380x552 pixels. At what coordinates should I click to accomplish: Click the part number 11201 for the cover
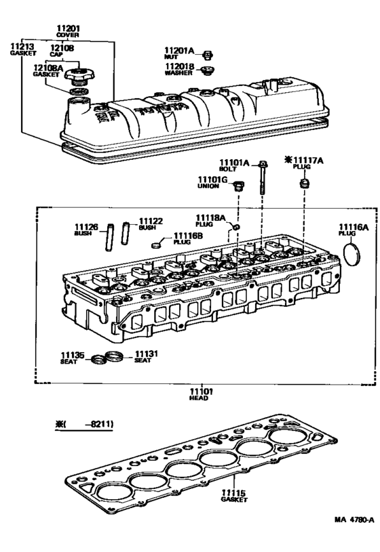coord(68,28)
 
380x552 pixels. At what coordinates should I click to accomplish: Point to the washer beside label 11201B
coord(209,69)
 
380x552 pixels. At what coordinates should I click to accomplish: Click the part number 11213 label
coord(20,47)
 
